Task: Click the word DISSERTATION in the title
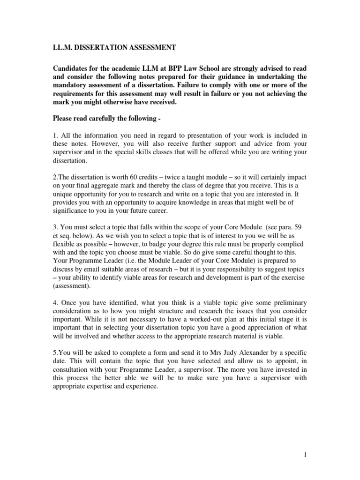pyautogui.click(x=98, y=48)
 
